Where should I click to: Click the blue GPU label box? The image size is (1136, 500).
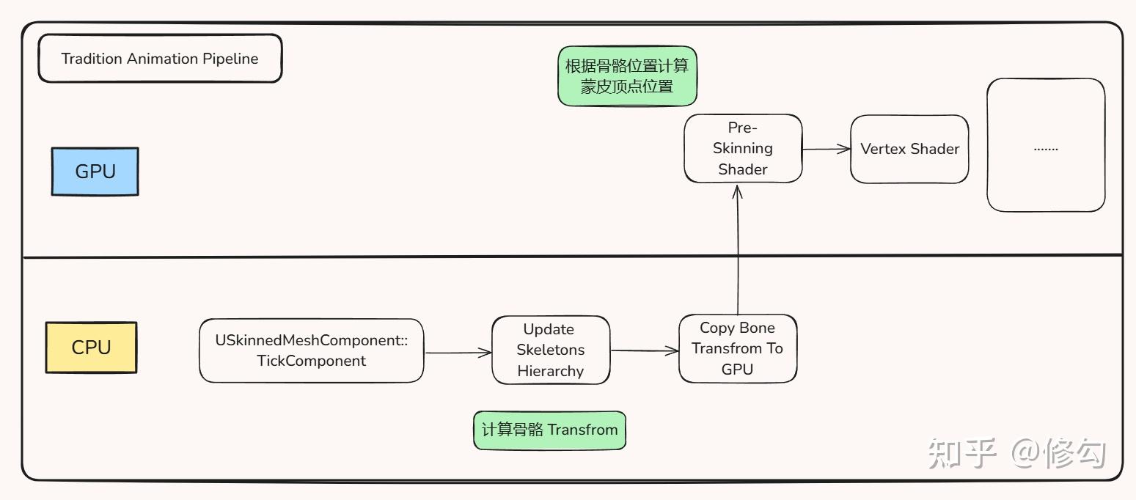pos(95,172)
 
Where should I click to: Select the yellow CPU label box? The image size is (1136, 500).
pos(91,348)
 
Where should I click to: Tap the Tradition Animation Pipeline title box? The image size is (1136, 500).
pos(159,59)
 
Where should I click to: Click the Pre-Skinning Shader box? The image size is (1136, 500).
pos(742,148)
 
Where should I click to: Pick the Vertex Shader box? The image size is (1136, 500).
pos(909,149)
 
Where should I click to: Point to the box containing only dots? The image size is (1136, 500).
pos(1045,146)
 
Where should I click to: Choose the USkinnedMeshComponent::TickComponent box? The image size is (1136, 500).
pos(311,350)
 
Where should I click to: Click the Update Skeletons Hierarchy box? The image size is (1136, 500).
pos(550,350)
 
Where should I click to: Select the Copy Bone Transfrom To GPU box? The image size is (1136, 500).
pos(737,348)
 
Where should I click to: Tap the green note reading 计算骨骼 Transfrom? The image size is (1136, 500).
pos(549,430)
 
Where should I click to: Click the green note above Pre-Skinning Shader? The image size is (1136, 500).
pos(626,76)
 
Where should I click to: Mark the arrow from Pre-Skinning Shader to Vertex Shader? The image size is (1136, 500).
pos(826,149)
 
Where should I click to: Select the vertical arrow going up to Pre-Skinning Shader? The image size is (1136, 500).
pos(738,249)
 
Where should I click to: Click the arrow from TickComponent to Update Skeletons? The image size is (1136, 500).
pos(458,353)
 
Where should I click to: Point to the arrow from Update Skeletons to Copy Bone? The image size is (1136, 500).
pos(644,351)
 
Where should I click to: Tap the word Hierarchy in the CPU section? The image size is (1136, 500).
pos(550,371)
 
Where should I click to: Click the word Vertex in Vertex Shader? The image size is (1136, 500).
pos(882,149)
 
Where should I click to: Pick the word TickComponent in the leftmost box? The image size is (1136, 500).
pos(311,361)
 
